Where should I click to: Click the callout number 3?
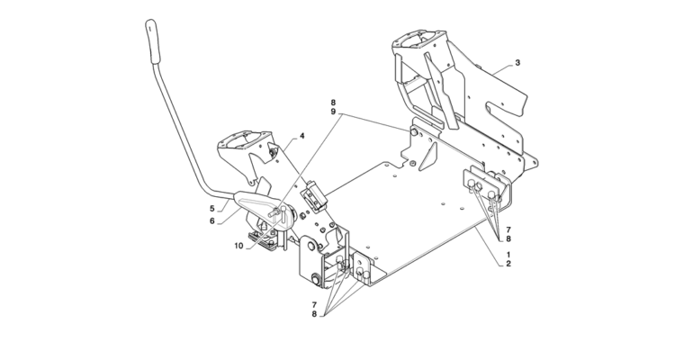518,63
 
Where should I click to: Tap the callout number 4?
302,136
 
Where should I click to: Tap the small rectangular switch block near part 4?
314,193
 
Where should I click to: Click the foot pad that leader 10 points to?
264,238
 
